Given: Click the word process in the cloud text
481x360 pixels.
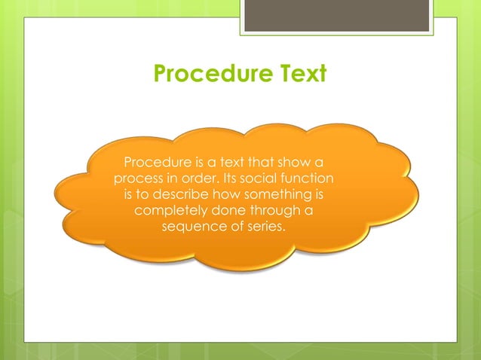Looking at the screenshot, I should [x=137, y=178].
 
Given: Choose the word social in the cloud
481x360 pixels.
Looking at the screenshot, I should [x=262, y=178].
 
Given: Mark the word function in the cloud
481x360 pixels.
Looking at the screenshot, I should [x=309, y=178].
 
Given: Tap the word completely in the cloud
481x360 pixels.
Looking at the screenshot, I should [x=170, y=212].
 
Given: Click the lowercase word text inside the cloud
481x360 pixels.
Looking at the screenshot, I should [x=234, y=162].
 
